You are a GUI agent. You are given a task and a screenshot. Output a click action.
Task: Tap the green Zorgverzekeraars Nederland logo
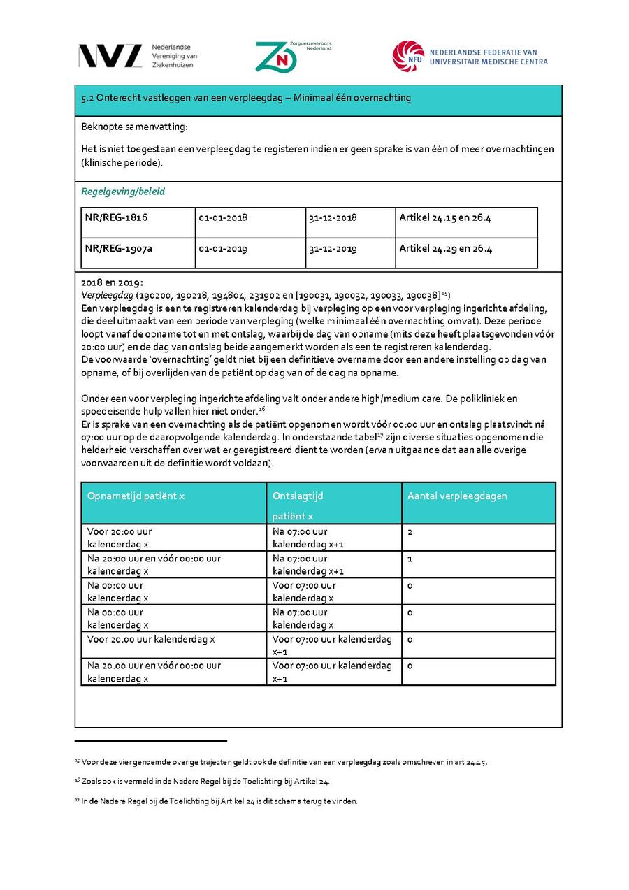tap(275, 57)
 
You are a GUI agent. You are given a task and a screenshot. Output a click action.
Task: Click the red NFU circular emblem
tap(408, 57)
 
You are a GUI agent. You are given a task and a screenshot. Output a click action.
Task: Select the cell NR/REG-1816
tap(116, 217)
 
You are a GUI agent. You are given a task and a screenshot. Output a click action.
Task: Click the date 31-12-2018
tap(333, 217)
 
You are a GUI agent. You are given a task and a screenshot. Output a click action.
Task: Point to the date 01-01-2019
tap(222, 248)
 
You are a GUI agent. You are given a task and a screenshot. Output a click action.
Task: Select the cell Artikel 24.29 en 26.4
tap(445, 248)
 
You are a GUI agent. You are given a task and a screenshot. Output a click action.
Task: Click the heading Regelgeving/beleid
tap(123, 192)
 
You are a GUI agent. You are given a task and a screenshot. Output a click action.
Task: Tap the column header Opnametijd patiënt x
tap(136, 496)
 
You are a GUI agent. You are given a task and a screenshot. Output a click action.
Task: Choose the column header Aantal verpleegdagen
tap(457, 496)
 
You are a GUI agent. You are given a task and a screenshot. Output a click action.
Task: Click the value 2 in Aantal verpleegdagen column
tap(410, 532)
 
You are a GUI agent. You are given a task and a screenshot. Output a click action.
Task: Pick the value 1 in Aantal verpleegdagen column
tap(410, 559)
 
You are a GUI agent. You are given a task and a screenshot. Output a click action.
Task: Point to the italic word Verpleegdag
tap(108, 296)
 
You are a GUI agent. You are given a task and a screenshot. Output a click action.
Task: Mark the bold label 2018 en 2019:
tap(112, 283)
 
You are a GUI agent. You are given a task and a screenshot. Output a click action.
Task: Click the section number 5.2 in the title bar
tap(88, 98)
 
